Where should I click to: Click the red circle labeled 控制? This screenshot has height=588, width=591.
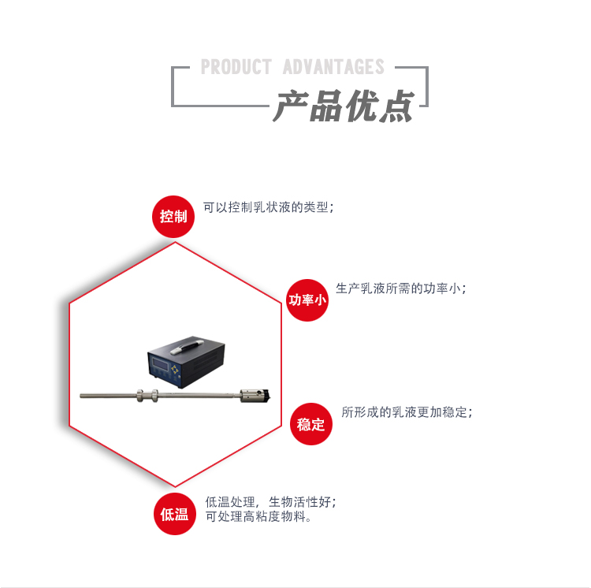pos(173,216)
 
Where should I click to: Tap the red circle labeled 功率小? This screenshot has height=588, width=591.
pos(307,300)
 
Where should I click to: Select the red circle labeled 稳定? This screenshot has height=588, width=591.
pos(311,424)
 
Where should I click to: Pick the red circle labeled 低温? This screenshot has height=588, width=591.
pos(174,514)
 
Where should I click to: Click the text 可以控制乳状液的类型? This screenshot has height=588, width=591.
pos(269,208)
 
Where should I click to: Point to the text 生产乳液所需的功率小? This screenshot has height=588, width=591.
pos(400,288)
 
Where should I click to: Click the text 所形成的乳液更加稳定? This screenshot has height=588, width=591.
pos(407,412)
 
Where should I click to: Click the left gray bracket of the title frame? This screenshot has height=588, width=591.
pos(175,87)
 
